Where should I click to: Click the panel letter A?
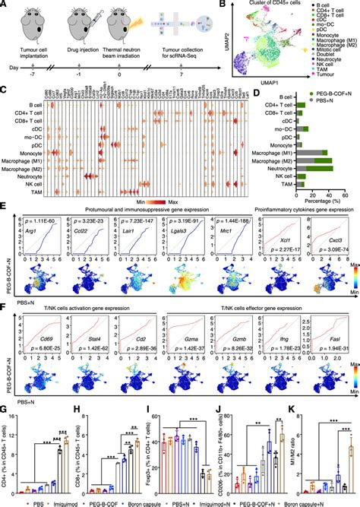tap(5, 5)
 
